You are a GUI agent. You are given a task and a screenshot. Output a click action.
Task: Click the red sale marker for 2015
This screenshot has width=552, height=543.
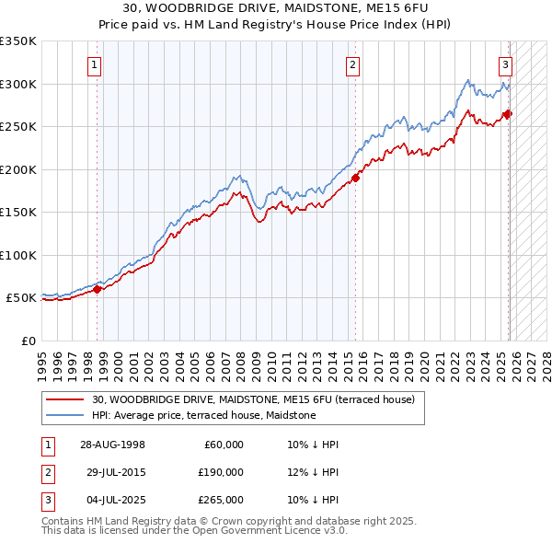355,178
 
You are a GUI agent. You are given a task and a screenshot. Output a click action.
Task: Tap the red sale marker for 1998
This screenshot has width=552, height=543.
98,289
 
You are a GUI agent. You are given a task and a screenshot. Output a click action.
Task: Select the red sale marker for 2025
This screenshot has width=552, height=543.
508,114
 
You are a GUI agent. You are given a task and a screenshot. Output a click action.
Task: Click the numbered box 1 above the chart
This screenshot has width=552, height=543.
96,64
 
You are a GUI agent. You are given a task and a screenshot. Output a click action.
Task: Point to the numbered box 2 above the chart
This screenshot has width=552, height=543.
353,64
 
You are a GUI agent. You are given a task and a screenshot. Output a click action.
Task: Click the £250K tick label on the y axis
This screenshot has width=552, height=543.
17,127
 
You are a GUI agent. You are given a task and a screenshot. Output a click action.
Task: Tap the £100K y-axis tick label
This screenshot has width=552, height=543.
17,255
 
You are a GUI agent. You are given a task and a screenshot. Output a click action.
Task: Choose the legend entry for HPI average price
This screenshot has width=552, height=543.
203,415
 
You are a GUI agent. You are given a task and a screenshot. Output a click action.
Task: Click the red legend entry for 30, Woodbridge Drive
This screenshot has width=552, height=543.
253,399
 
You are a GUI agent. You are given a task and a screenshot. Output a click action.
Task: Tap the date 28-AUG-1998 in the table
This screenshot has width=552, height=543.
112,445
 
